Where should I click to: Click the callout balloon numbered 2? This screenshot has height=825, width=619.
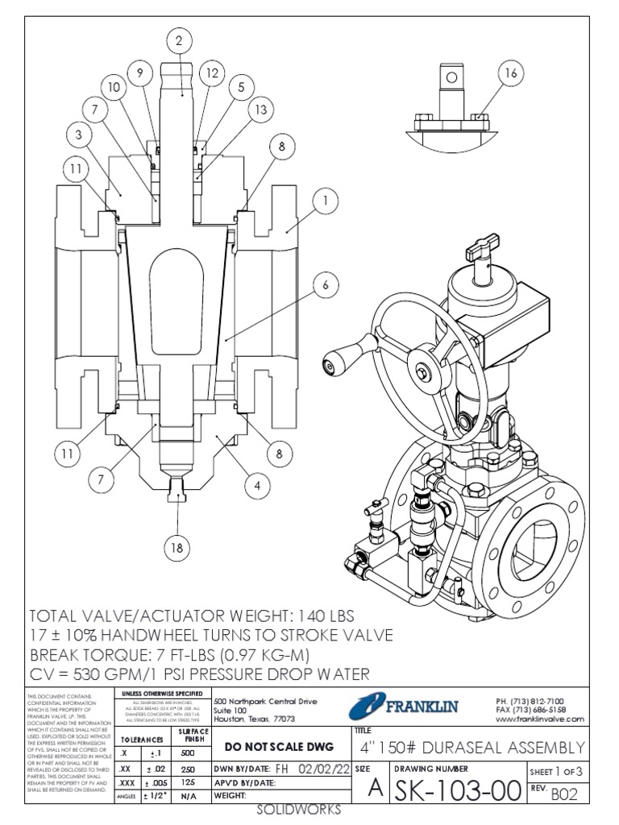tap(180, 39)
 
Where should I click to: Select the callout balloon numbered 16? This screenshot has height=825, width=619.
tap(509, 73)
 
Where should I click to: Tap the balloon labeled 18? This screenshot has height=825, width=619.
tap(177, 549)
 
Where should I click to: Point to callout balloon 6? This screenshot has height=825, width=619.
tap(326, 284)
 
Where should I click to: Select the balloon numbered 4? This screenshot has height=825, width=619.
tap(257, 486)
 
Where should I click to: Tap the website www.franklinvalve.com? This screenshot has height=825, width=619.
tap(539, 719)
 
